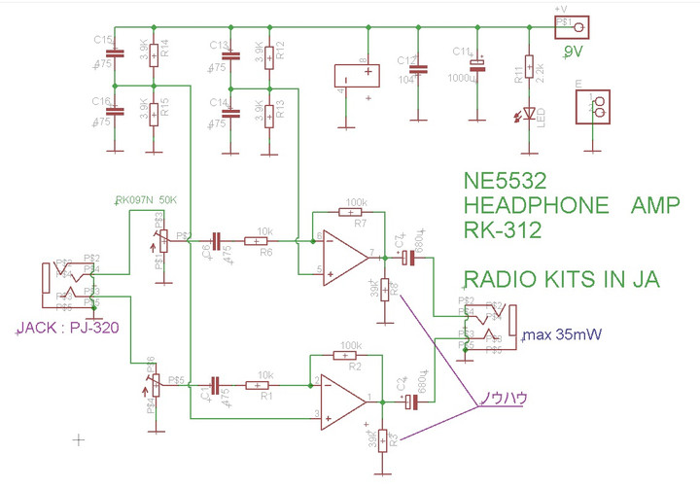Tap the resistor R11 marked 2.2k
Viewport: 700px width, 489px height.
529,67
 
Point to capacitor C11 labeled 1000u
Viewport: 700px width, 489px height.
476,67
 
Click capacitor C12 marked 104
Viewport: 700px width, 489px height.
419,69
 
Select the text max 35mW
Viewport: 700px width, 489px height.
562,337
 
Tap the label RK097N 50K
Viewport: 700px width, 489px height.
147,200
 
